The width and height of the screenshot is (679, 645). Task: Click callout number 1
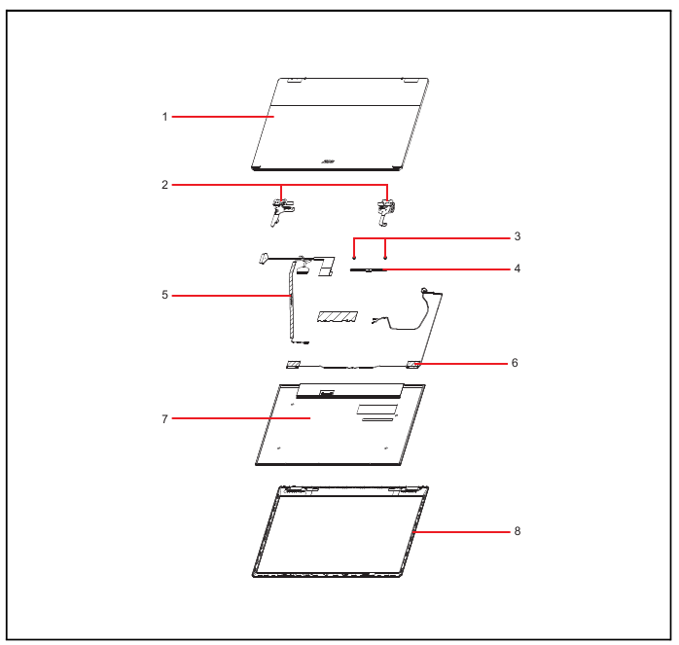click(x=164, y=117)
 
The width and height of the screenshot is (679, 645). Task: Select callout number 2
click(x=164, y=185)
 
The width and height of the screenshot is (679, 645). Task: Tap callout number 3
click(x=518, y=236)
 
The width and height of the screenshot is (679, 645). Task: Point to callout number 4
click(x=518, y=269)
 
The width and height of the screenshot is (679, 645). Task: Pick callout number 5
click(x=164, y=295)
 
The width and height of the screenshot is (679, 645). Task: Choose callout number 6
click(x=515, y=363)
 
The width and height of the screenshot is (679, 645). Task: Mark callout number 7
click(x=164, y=419)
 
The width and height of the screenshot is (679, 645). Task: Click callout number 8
click(x=518, y=531)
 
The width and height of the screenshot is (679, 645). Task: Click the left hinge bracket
click(x=280, y=211)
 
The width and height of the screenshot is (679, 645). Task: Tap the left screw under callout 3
click(x=354, y=258)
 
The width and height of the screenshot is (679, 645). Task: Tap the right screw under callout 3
click(x=385, y=258)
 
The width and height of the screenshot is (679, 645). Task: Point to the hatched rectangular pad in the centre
click(x=338, y=316)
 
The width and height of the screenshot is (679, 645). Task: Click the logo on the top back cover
click(x=328, y=162)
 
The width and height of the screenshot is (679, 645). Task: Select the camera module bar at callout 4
click(x=368, y=270)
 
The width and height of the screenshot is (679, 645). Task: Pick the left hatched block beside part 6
click(x=293, y=365)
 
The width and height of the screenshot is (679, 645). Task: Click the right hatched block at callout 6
click(x=412, y=365)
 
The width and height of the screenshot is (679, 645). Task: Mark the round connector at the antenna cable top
click(x=424, y=290)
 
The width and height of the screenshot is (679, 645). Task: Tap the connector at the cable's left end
click(x=263, y=258)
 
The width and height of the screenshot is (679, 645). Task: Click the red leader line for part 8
click(x=462, y=531)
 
